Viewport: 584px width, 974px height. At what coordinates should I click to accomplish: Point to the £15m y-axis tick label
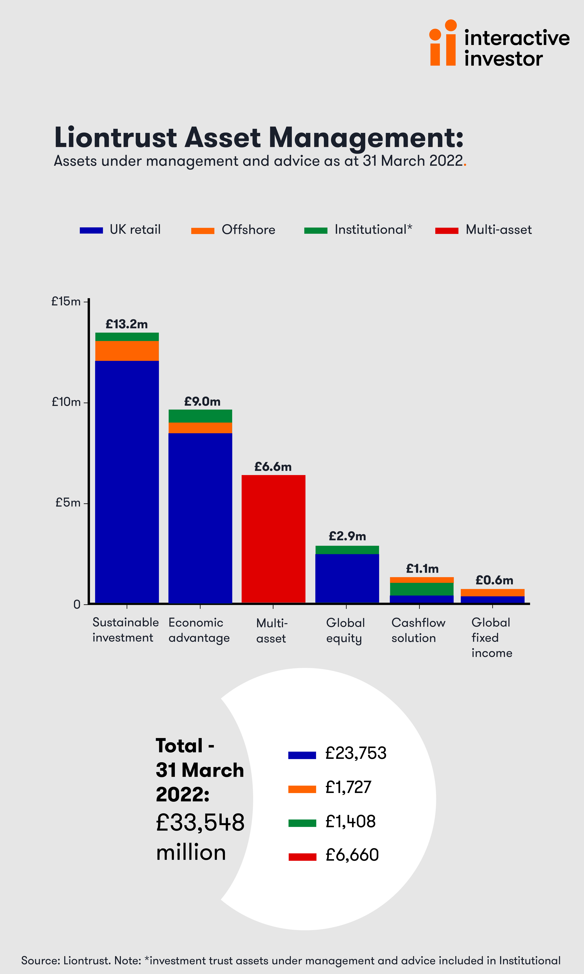[x=66, y=302]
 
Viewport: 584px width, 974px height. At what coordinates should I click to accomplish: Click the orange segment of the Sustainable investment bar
[x=127, y=351]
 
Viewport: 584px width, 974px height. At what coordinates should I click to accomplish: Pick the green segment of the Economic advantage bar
[x=200, y=416]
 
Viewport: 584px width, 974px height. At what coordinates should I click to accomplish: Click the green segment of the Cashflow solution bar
[x=422, y=589]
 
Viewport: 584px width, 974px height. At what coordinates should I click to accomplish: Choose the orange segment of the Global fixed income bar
[x=493, y=593]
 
